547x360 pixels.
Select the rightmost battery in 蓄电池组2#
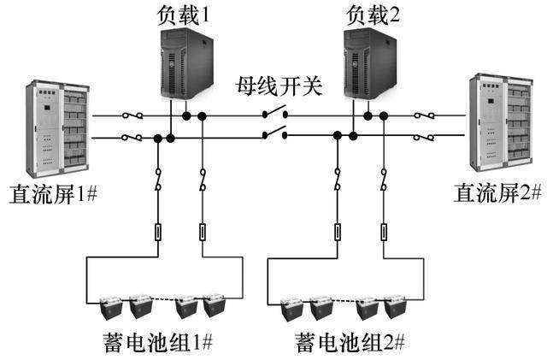pos(394,306)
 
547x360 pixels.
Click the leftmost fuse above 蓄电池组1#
pos(158,232)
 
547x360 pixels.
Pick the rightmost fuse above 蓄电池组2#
pos(381,232)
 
